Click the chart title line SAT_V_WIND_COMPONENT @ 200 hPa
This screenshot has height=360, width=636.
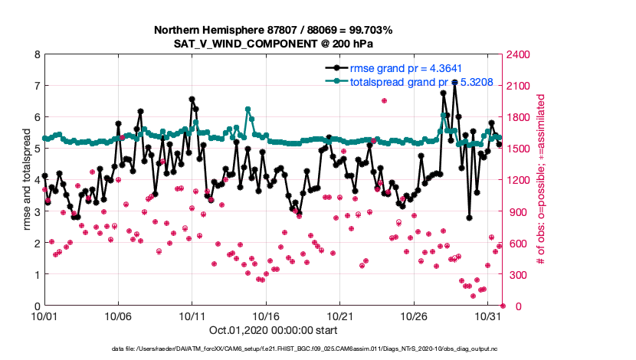(x=273, y=44)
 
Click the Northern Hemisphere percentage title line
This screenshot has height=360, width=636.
(x=273, y=31)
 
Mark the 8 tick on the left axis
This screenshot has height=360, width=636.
(x=36, y=54)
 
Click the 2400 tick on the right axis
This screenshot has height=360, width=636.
(x=515, y=54)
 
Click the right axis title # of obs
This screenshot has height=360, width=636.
(x=540, y=180)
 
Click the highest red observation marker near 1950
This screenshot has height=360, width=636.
(x=384, y=101)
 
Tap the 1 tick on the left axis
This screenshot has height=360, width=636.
(x=36, y=274)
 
